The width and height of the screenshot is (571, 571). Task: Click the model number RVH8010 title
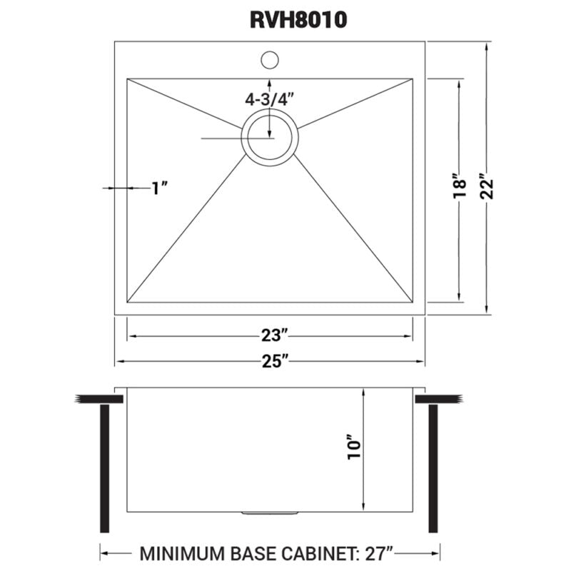click(298, 20)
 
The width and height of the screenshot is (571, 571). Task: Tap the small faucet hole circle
click(269, 59)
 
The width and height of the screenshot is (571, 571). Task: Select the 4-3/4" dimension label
click(269, 99)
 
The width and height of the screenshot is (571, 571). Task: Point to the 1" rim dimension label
click(159, 188)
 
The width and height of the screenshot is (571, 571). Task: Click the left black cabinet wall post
click(105, 468)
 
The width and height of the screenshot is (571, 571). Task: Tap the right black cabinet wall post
click(433, 468)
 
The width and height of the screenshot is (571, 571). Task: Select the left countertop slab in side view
click(89, 398)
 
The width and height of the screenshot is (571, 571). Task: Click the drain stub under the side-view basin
click(270, 513)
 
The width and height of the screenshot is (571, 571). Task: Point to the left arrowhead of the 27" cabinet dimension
click(103, 553)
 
